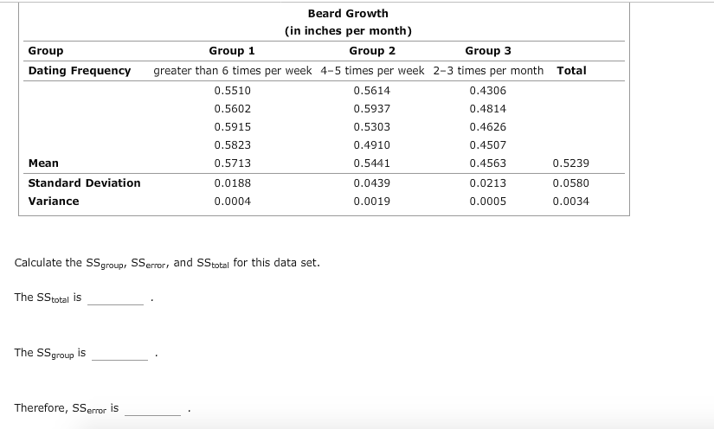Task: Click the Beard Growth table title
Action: click(348, 13)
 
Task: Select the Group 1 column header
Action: click(232, 51)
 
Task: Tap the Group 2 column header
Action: click(372, 51)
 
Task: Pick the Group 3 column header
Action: click(488, 51)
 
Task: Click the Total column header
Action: click(571, 70)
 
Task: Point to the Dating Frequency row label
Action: click(80, 70)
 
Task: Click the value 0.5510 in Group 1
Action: click(232, 90)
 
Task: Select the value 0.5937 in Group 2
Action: click(372, 108)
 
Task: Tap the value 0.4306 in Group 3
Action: click(488, 90)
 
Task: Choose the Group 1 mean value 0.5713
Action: click(232, 163)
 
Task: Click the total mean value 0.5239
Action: click(571, 163)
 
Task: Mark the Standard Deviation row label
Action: click(84, 182)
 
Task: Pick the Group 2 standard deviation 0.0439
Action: click(372, 182)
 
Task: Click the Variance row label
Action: click(54, 201)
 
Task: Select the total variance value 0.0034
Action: click(571, 201)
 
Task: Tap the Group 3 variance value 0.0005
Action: click(488, 201)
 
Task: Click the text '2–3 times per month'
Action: click(489, 70)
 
